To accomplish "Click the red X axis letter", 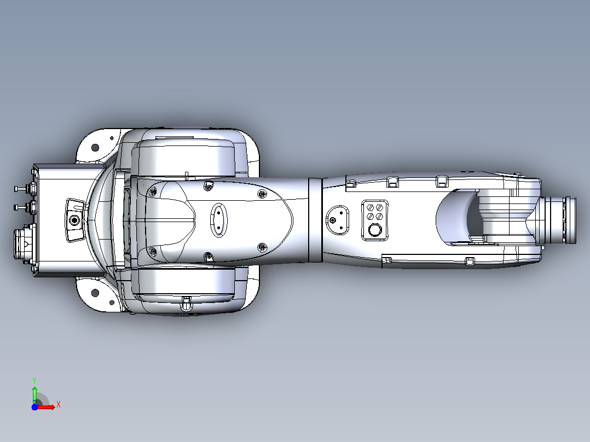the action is pyautogui.click(x=59, y=405).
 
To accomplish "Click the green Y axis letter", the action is pyautogui.click(x=34, y=380).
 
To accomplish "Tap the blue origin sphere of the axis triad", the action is pyautogui.click(x=34, y=407).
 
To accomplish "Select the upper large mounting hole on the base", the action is pyautogui.click(x=95, y=148).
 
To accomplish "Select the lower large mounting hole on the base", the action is pyautogui.click(x=95, y=293).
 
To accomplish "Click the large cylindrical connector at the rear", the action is pyautogui.click(x=24, y=244).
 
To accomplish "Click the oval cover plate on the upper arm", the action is pyautogui.click(x=218, y=220).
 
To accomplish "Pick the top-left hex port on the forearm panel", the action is pyautogui.click(x=370, y=208).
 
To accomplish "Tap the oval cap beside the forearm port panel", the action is pyautogui.click(x=337, y=220).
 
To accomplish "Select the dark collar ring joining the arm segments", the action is pyautogui.click(x=315, y=220).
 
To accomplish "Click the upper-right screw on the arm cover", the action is pyautogui.click(x=262, y=194).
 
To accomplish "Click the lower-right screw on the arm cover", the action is pyautogui.click(x=262, y=247).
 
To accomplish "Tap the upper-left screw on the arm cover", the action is pyautogui.click(x=153, y=192).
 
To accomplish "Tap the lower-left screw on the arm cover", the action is pyautogui.click(x=153, y=251).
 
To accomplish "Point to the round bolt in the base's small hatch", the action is pyautogui.click(x=74, y=220).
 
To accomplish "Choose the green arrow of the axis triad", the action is pyautogui.click(x=34, y=396).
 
